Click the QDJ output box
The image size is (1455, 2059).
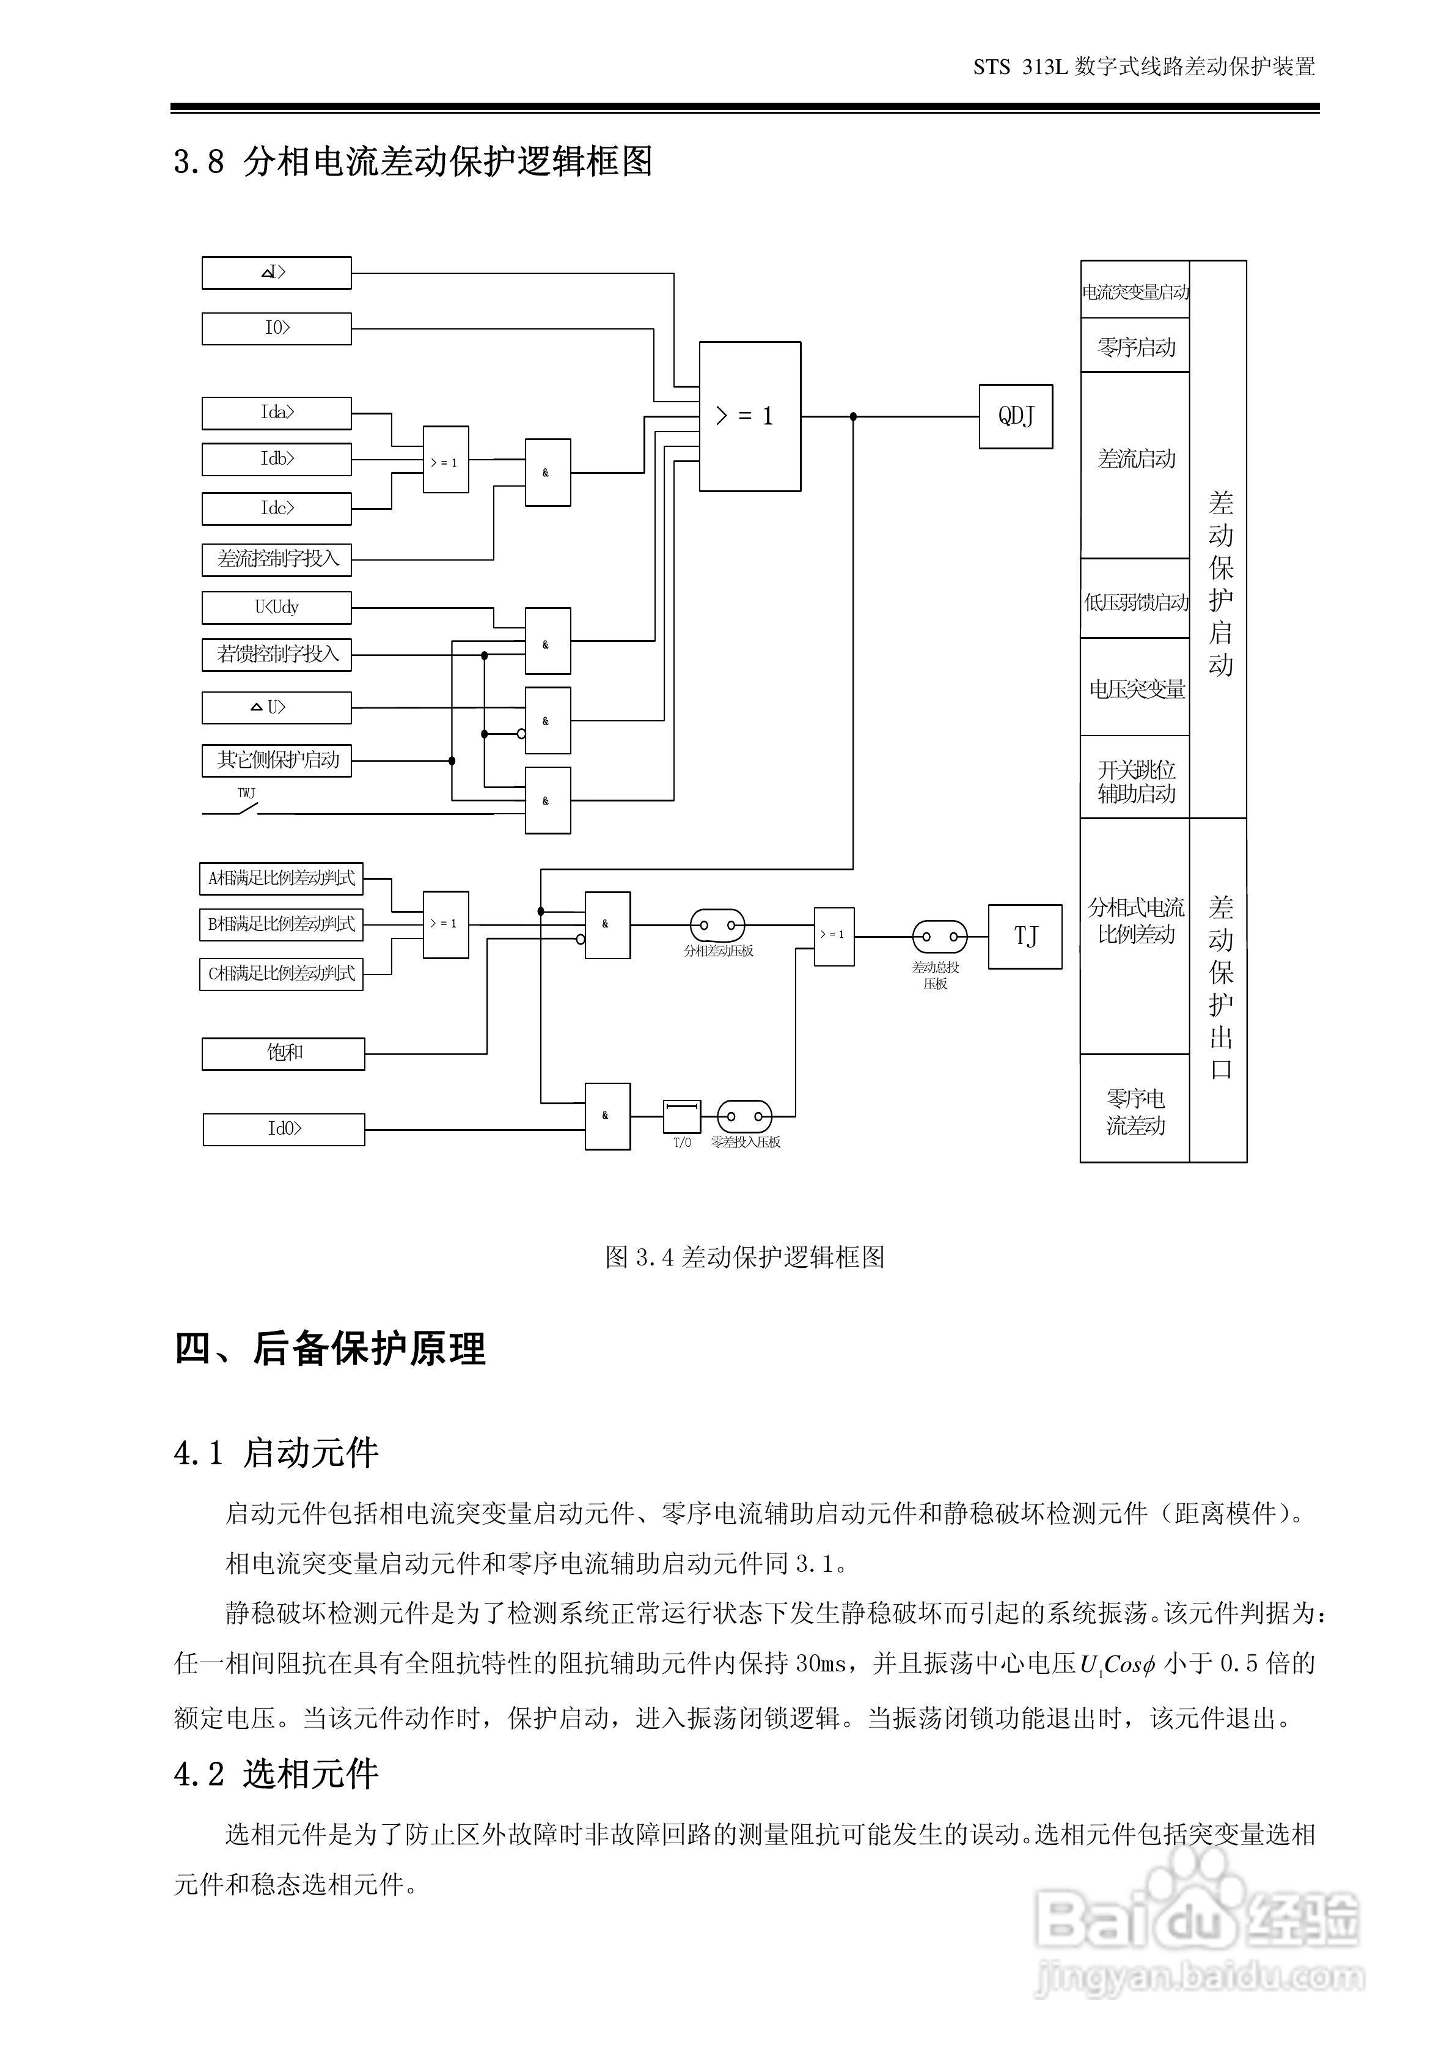click(x=1015, y=416)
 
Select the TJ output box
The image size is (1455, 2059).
click(x=1025, y=936)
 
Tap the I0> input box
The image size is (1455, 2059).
click(x=276, y=328)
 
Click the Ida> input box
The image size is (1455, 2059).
click(x=276, y=413)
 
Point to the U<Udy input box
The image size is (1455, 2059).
click(x=276, y=607)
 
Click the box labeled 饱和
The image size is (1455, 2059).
click(x=284, y=1053)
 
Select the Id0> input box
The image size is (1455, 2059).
click(x=284, y=1129)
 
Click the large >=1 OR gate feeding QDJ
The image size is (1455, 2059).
click(x=749, y=416)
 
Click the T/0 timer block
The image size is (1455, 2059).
click(x=681, y=1116)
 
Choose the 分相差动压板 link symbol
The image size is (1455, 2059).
click(x=717, y=924)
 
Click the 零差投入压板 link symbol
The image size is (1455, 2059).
click(x=744, y=1116)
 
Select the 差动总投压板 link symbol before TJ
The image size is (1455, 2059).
click(x=939, y=936)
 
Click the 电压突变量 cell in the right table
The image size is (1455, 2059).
click(x=1135, y=688)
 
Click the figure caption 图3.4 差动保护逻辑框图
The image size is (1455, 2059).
click(x=744, y=1256)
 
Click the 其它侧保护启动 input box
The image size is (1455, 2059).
click(x=276, y=759)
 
